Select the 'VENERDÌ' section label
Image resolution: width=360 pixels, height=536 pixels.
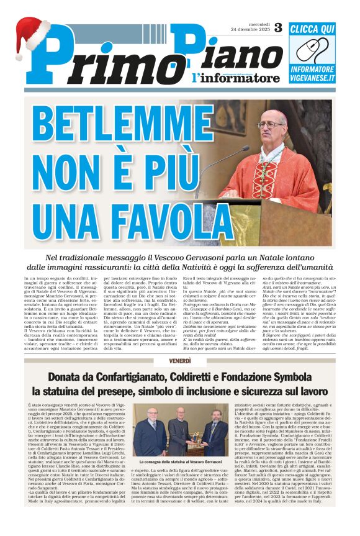coord(180,361)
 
